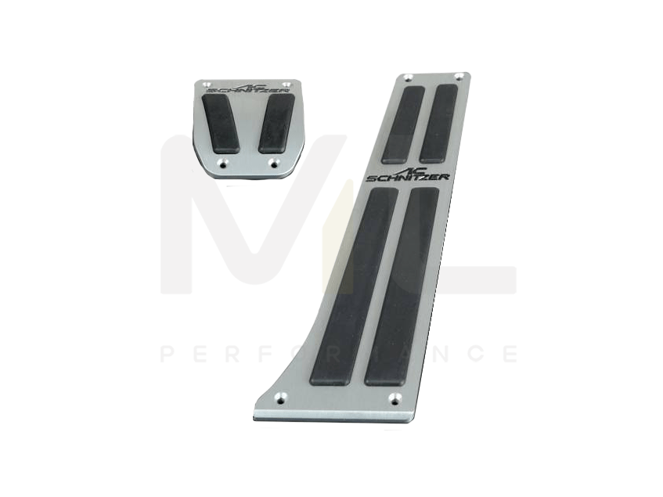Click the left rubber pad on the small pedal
[223, 123]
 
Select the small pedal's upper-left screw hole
[206, 84]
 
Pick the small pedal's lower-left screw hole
[222, 163]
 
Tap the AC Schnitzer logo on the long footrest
[409, 175]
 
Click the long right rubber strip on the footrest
[404, 286]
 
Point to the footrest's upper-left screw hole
[409, 77]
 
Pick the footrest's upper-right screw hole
[459, 77]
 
